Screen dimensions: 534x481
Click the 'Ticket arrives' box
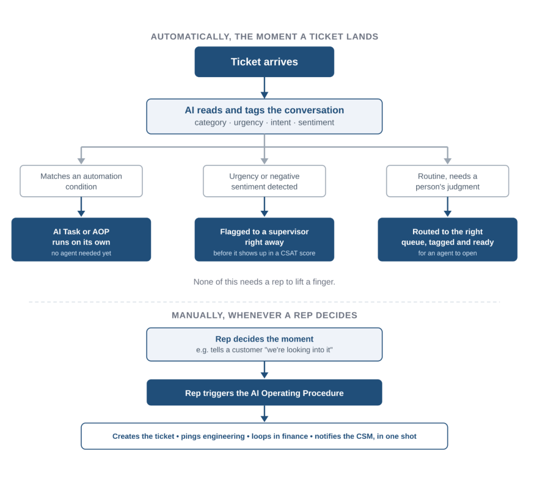coord(264,62)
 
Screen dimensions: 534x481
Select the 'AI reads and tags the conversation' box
coord(264,116)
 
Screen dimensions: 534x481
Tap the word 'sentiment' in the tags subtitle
coord(316,123)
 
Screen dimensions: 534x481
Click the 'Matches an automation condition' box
coord(81,181)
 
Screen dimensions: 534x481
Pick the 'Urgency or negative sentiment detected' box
coord(264,181)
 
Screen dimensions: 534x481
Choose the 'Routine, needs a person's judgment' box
coord(447,181)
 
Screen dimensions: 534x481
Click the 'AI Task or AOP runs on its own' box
coord(81,239)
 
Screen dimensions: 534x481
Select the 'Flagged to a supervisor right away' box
coord(264,239)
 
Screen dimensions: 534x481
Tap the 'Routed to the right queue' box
coord(447,239)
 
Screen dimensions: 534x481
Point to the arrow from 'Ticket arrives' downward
coord(264,88)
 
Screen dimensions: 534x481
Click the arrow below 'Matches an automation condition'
coord(81,207)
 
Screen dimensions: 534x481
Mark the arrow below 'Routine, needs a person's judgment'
coord(447,207)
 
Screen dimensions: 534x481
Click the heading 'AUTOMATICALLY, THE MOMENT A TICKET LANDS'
coord(264,37)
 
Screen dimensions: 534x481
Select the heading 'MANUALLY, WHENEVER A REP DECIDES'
coord(264,316)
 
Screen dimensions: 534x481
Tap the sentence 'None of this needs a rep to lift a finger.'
coord(264,282)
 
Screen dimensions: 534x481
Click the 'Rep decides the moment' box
coord(264,344)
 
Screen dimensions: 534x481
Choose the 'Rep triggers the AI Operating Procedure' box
coord(264,392)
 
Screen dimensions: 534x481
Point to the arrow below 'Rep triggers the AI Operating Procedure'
coord(264,414)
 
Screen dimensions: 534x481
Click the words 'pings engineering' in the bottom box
coord(213,436)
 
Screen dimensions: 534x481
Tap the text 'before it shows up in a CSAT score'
coord(264,253)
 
